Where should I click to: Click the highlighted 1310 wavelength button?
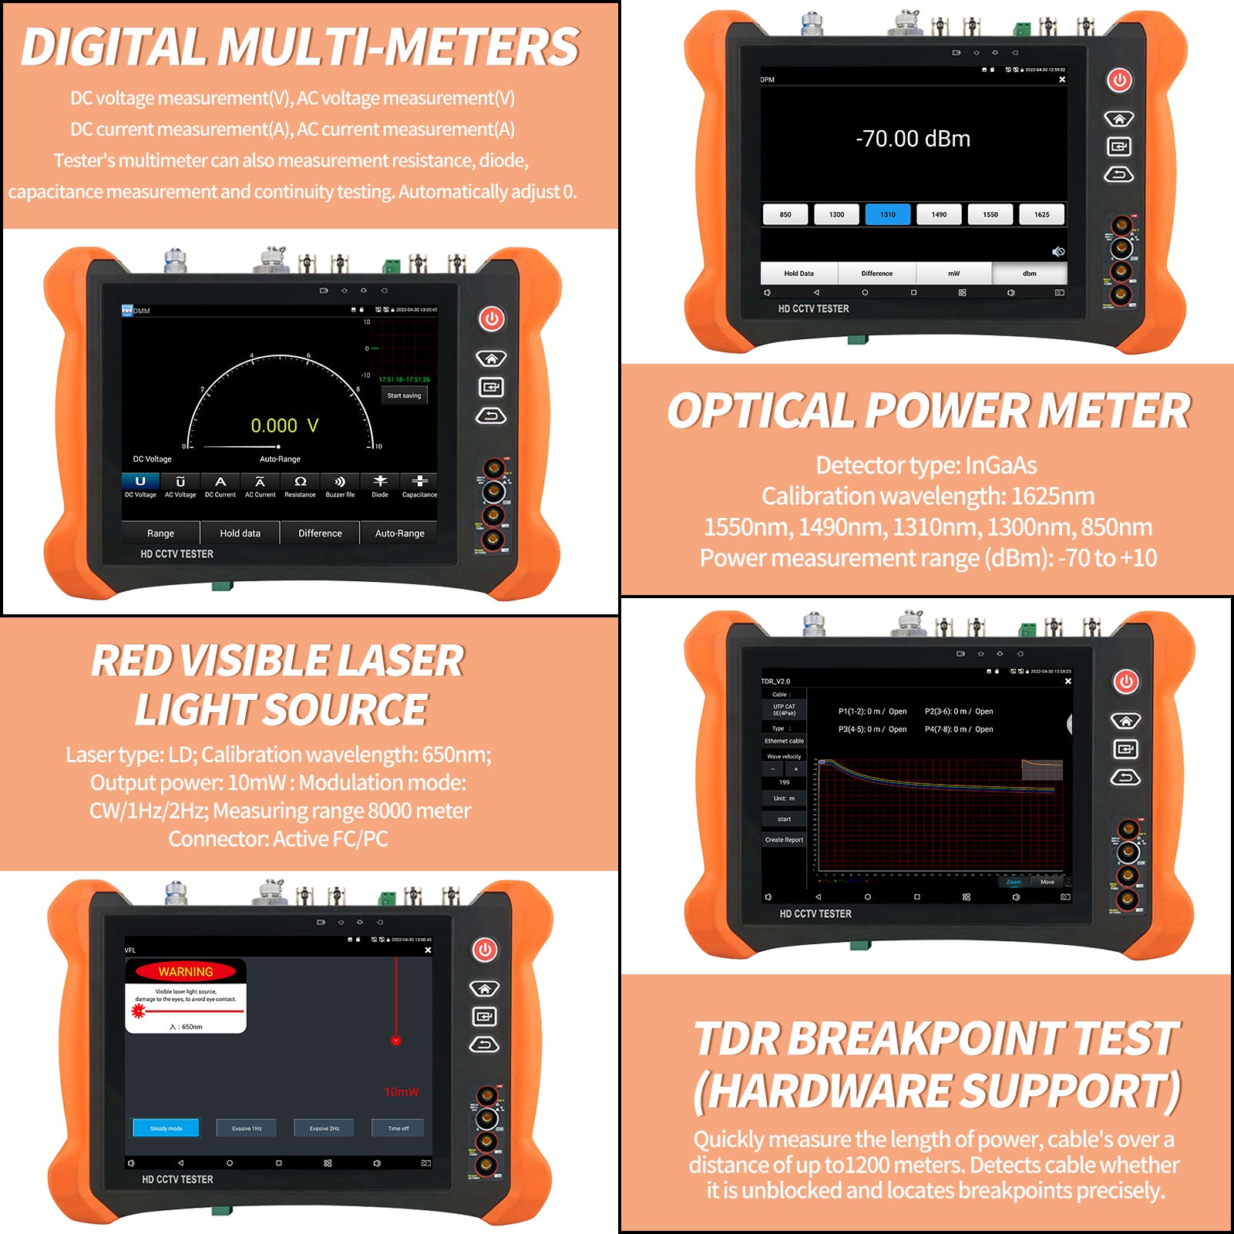[887, 214]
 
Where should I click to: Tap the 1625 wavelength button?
[1041, 214]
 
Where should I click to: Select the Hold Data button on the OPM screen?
[799, 274]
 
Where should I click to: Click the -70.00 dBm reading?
[913, 139]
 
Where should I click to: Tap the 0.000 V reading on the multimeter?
[284, 425]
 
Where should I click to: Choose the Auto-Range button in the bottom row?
[399, 533]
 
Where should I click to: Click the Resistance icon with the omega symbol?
[300, 486]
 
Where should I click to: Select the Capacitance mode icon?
[419, 486]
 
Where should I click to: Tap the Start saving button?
[404, 395]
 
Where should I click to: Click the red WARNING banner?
[186, 972]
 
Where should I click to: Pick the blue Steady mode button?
[166, 1128]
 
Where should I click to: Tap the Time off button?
[398, 1128]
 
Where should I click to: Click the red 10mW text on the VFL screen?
[401, 1092]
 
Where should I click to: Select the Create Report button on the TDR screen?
[783, 840]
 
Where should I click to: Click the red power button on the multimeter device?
[492, 318]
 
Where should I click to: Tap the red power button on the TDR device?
[1126, 681]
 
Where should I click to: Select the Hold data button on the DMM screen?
[240, 533]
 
